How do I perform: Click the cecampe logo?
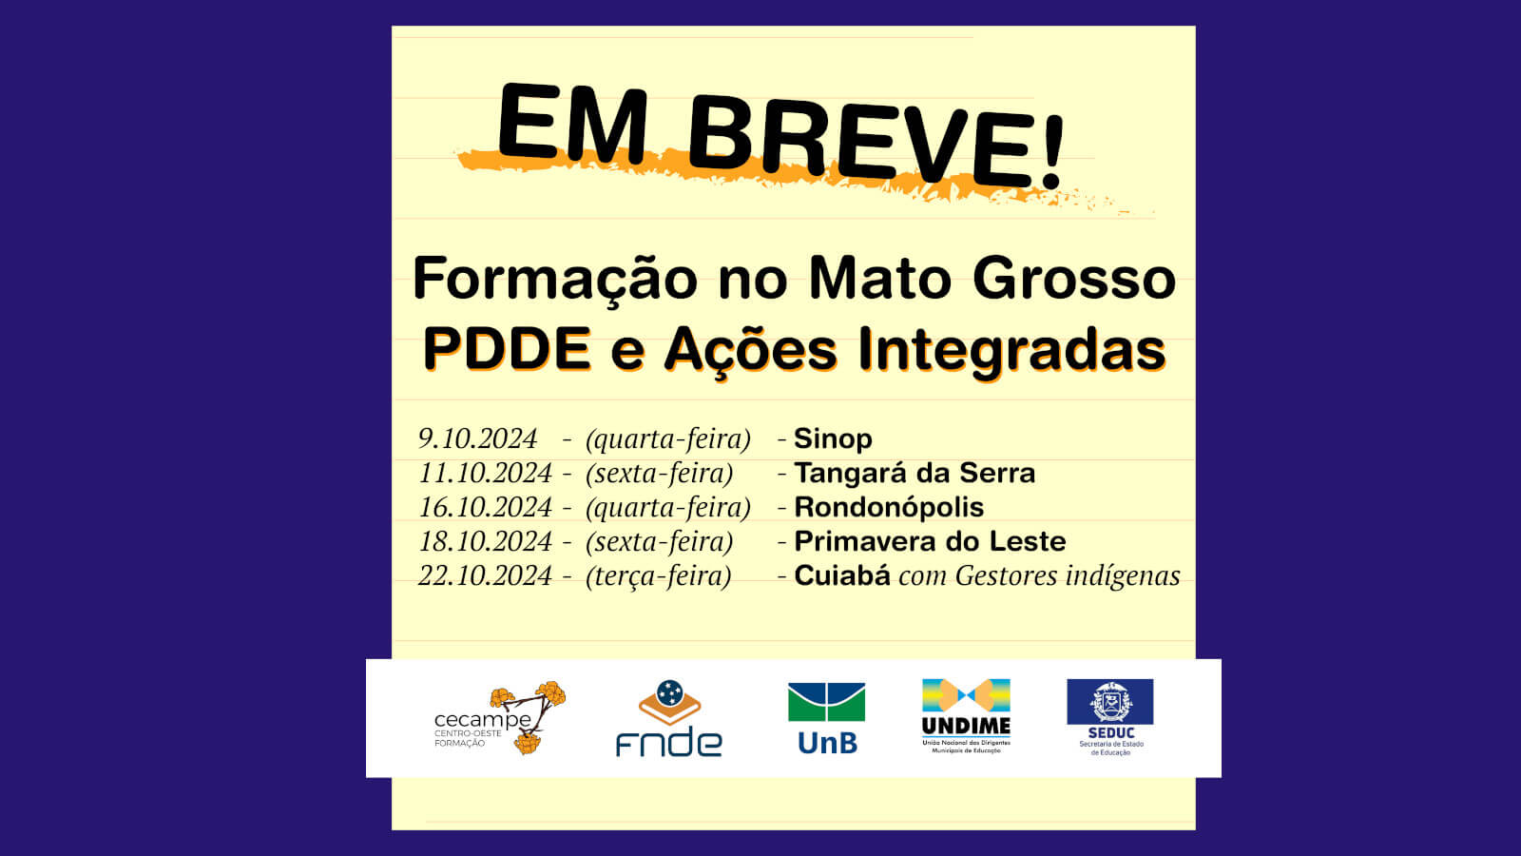coord(500,718)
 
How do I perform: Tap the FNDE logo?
coord(669,718)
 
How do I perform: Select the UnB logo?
coord(826,719)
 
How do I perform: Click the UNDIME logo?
coord(966,716)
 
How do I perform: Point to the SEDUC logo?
coord(1110,717)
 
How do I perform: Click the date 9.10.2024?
coord(477,438)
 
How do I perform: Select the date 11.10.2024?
coord(485,473)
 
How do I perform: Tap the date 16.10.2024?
coord(485,508)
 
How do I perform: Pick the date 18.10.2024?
coord(485,541)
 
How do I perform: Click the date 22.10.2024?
coord(485,576)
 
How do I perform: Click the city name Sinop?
coord(833,439)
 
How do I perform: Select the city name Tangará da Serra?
coord(915,473)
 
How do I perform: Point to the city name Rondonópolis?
coord(889,508)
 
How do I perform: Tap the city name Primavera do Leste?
coord(931,541)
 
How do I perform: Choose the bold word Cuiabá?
coord(842,575)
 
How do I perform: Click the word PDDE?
coord(507,348)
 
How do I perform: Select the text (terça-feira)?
coord(658,576)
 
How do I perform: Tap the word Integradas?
coord(1011,351)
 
